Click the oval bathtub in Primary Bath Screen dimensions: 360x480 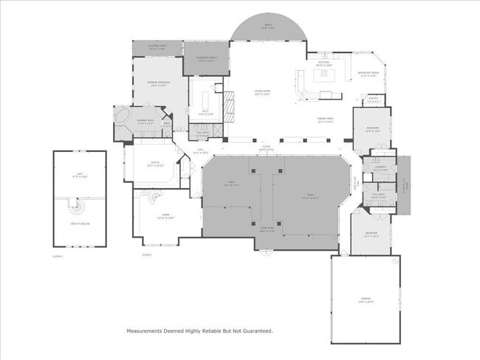click(124, 118)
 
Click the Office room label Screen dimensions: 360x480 click(154, 165)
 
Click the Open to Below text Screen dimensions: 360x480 click(79, 223)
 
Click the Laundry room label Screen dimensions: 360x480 click(380, 168)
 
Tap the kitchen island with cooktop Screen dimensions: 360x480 click(326, 75)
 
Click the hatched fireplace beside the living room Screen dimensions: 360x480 click(230, 111)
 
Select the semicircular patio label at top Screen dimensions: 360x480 click(268, 26)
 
